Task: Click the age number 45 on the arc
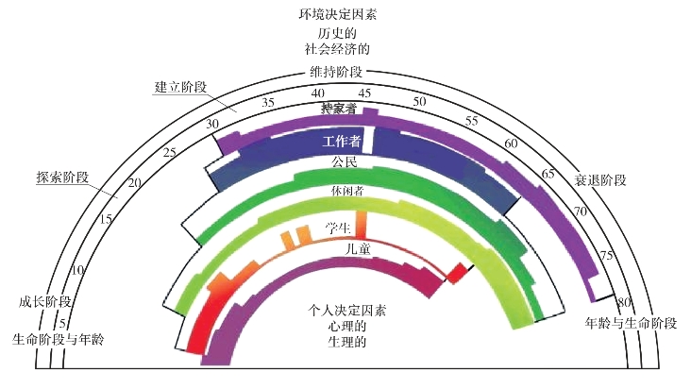point(365,92)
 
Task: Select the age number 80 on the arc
point(624,303)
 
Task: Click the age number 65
point(548,175)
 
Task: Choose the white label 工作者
point(342,143)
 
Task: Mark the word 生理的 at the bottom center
point(347,341)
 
